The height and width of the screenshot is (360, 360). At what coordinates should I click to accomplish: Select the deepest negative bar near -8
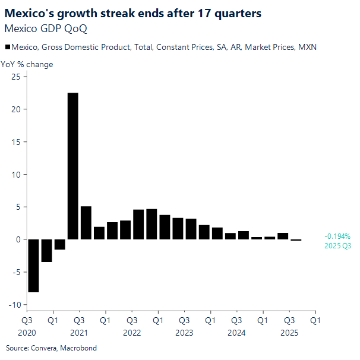click(x=33, y=266)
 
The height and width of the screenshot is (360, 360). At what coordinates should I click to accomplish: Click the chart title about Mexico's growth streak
click(x=132, y=12)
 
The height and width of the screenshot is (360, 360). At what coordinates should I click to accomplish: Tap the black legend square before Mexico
click(x=7, y=48)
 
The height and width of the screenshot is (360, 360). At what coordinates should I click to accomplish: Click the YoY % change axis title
click(x=27, y=64)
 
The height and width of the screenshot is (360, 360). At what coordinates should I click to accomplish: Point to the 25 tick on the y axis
click(x=15, y=77)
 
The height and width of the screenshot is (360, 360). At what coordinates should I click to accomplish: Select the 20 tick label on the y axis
click(x=15, y=109)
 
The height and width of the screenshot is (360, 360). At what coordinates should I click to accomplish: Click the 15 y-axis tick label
click(x=15, y=142)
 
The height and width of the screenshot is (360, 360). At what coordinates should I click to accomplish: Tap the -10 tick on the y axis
click(x=14, y=305)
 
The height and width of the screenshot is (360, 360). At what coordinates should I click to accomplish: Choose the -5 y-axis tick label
click(x=16, y=272)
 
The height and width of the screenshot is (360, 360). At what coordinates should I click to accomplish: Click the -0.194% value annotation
click(x=337, y=236)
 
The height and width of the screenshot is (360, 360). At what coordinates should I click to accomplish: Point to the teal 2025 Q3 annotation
click(x=337, y=245)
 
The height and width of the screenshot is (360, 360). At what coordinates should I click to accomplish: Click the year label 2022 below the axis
click(x=132, y=333)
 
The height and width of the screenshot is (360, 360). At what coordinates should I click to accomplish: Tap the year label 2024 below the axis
click(x=236, y=333)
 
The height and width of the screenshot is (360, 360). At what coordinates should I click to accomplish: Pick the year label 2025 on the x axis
click(x=289, y=333)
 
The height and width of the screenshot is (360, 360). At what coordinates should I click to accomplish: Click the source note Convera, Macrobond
click(x=51, y=348)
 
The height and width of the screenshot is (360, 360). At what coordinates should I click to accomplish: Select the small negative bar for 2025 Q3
click(x=295, y=240)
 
